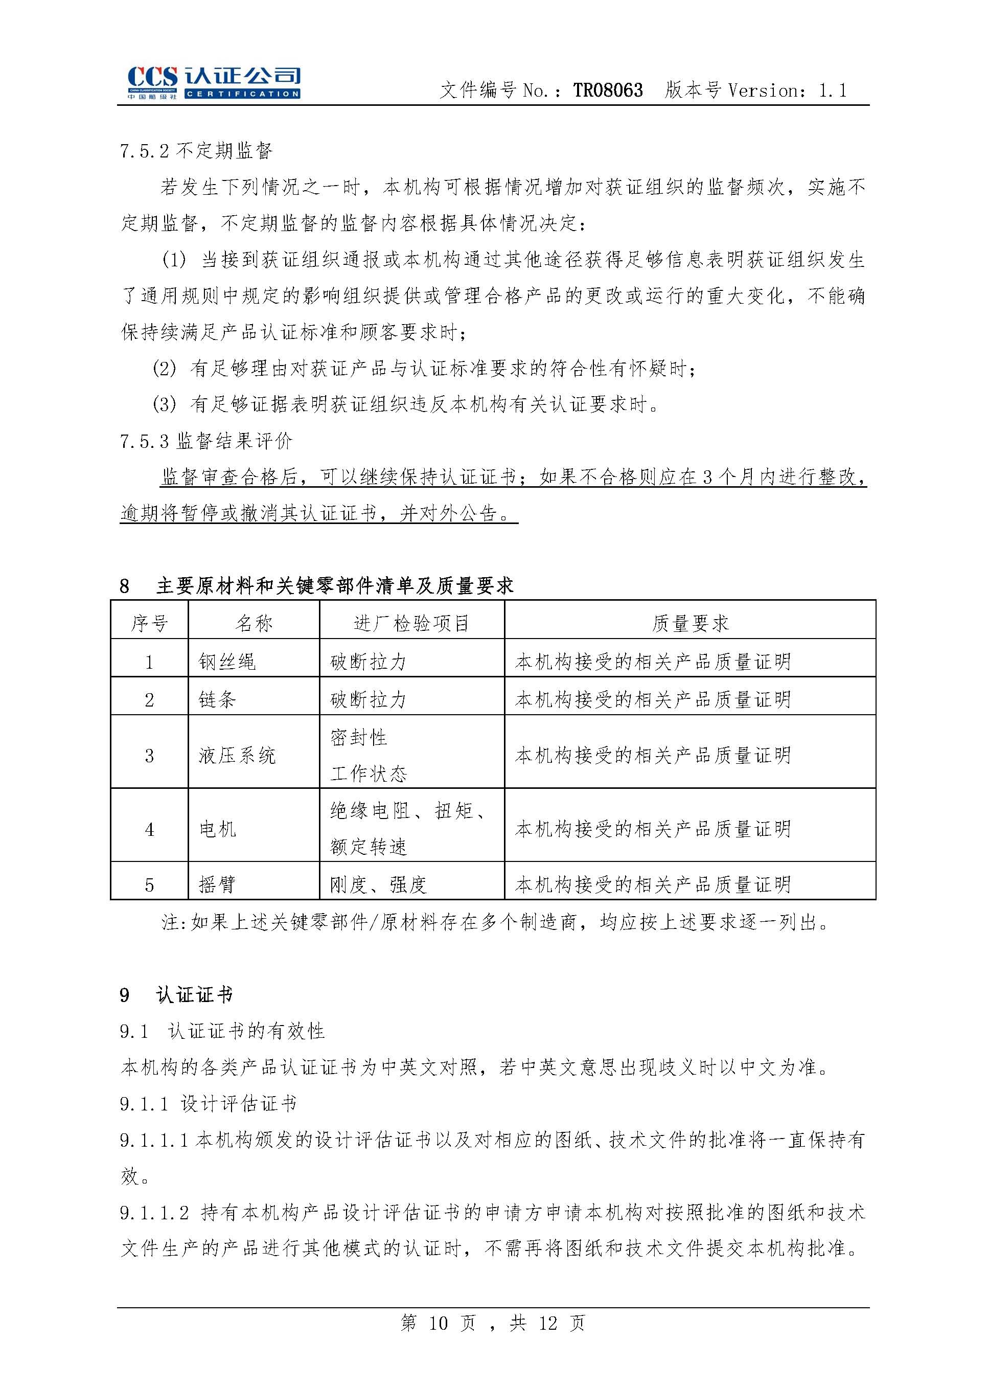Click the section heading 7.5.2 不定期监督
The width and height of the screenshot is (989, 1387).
[196, 150]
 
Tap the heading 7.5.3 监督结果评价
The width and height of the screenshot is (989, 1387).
[206, 441]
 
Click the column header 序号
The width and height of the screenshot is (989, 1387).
[149, 623]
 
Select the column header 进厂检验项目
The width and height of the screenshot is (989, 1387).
[411, 623]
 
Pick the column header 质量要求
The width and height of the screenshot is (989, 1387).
[690, 623]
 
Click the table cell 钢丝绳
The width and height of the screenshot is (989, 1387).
[227, 662]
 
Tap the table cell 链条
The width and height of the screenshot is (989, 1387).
[217, 699]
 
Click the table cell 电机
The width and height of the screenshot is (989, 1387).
[217, 829]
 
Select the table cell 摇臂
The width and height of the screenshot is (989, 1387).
[217, 884]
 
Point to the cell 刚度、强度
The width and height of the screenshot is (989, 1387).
[378, 884]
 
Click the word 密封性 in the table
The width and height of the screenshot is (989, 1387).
[359, 738]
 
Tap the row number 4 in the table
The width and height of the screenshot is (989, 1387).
[149, 830]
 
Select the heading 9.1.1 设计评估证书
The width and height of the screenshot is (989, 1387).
[208, 1103]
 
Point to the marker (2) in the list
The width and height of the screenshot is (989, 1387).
[164, 369]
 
